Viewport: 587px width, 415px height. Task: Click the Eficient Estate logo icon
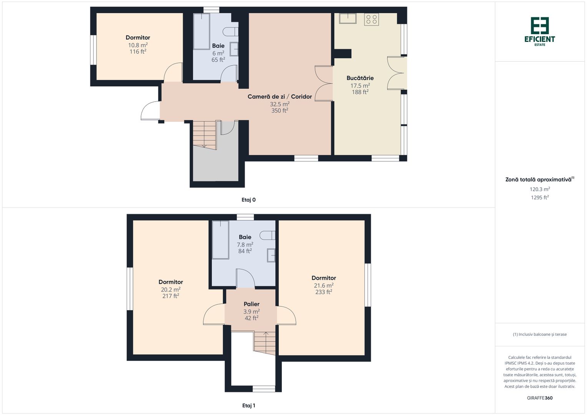tap(540, 25)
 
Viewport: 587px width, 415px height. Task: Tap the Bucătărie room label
tap(360, 78)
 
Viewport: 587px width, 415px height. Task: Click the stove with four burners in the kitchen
tap(371, 19)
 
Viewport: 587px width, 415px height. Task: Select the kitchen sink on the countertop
tap(348, 18)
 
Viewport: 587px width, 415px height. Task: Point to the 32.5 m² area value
tap(279, 104)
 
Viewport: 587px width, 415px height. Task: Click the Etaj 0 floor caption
tap(248, 200)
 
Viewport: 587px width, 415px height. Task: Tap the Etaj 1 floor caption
tap(248, 405)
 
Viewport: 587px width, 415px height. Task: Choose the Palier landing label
tap(251, 304)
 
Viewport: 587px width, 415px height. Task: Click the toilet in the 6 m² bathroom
tap(230, 32)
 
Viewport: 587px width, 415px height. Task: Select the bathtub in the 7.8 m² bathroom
tap(220, 240)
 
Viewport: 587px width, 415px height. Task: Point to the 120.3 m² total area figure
tap(540, 189)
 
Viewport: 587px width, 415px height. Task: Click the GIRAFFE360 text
tap(540, 398)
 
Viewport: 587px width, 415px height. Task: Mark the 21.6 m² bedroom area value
tap(324, 285)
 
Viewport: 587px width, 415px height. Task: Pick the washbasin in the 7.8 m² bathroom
tap(271, 255)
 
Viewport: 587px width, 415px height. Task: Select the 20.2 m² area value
tap(171, 289)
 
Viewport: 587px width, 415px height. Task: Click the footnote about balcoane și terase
tap(540, 334)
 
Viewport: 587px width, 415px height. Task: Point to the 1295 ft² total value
tap(540, 197)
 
